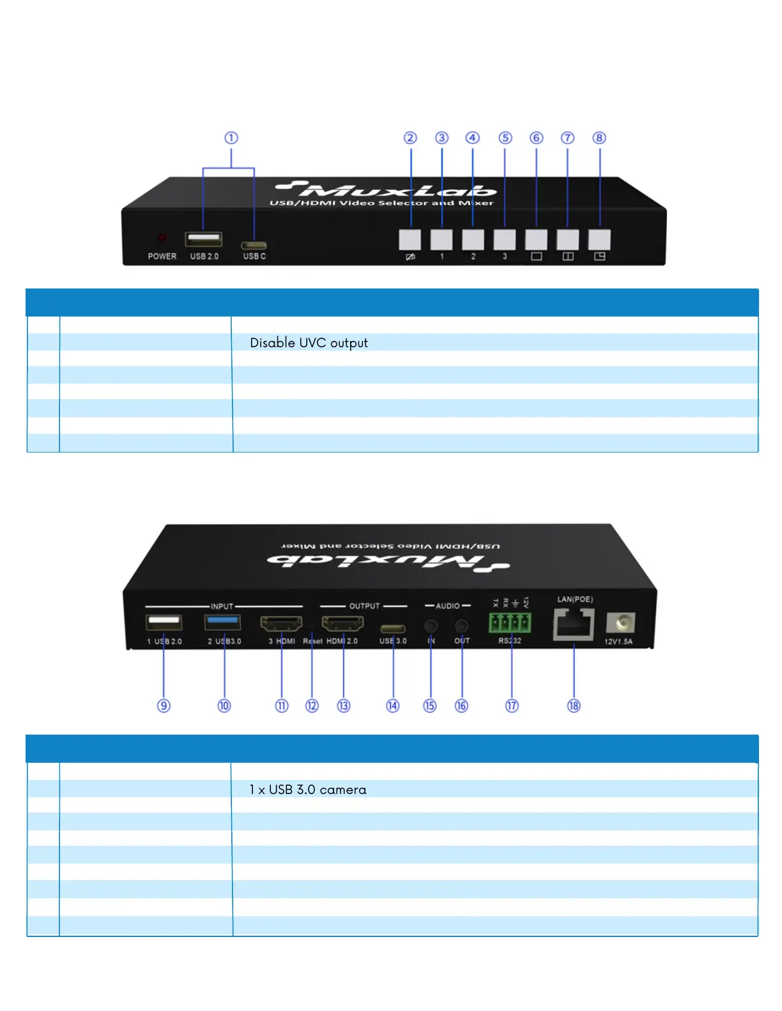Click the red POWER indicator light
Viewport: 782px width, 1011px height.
162,239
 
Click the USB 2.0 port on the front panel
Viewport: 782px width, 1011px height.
204,239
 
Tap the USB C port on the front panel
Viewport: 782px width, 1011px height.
254,245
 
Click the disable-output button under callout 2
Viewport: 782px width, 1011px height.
410,240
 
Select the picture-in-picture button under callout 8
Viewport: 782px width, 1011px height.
599,240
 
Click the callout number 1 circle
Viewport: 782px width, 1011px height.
231,138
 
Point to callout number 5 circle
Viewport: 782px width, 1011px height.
505,138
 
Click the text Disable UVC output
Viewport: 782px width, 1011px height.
309,343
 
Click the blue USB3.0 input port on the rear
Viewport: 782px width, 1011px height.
222,622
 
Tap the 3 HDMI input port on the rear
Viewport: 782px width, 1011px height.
281,624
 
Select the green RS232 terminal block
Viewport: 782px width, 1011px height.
510,622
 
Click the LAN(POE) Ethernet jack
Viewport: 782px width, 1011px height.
574,624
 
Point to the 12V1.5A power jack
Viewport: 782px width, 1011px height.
620,622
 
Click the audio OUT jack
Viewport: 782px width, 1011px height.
462,625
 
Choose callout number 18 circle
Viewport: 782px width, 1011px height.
574,706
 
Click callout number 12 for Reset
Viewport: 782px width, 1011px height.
312,706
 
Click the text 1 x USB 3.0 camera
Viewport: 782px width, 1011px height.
308,790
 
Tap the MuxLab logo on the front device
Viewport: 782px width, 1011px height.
387,190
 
